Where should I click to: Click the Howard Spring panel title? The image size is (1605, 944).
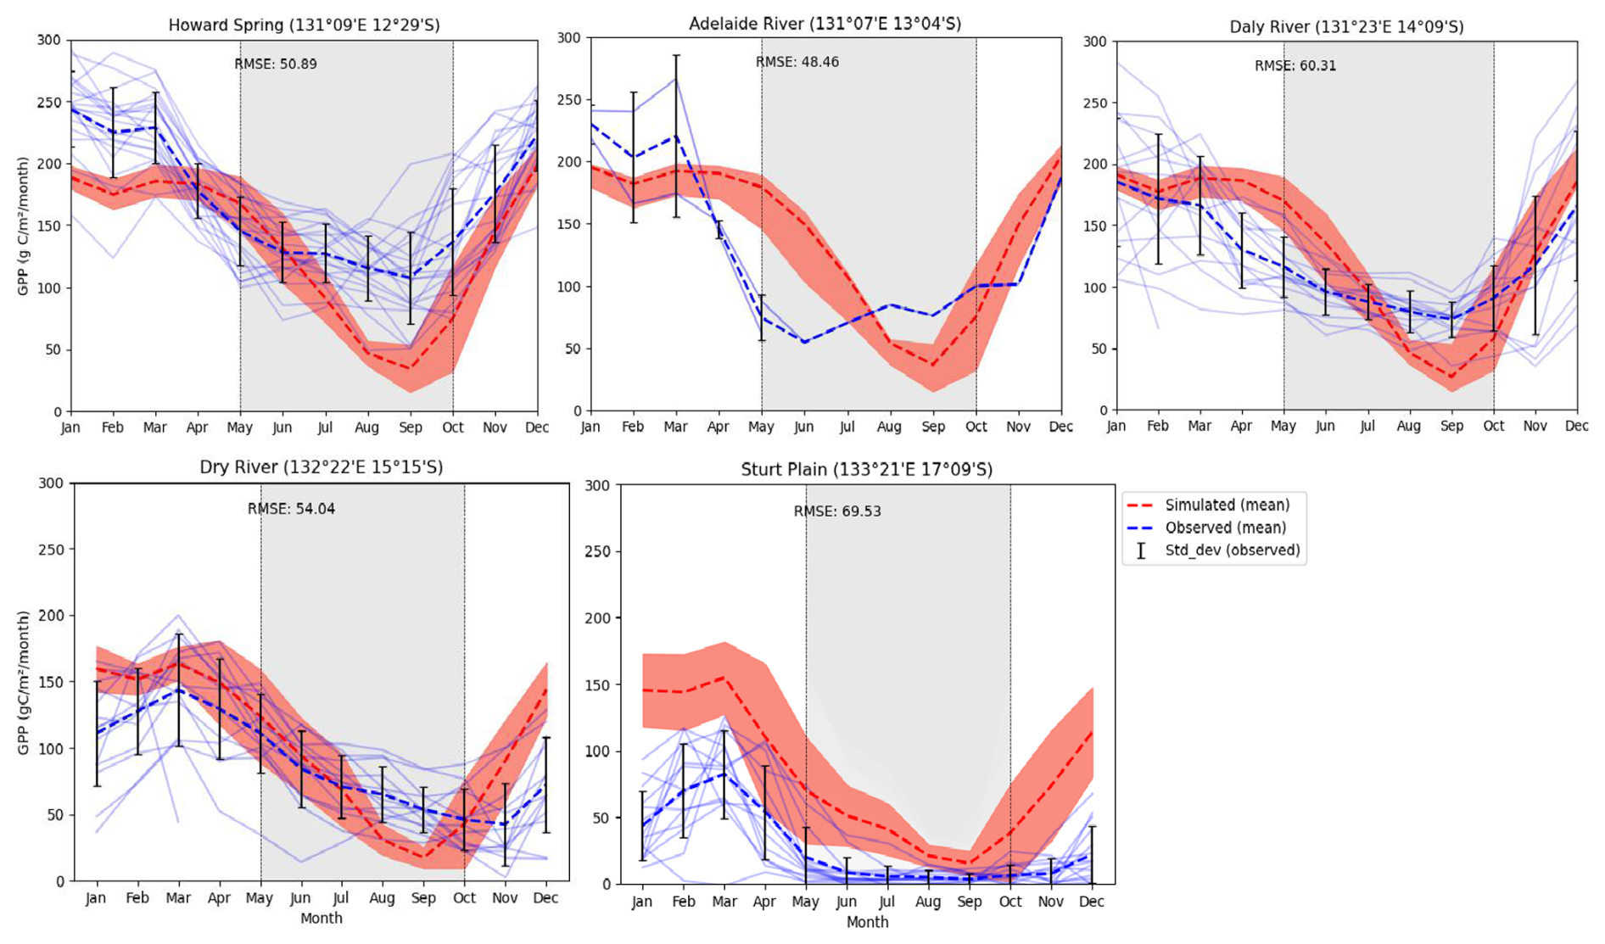[x=304, y=25]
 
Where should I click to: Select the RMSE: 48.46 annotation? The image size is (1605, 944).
[x=797, y=62]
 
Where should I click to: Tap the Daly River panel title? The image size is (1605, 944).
[x=1346, y=27]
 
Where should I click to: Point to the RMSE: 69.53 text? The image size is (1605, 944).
[x=837, y=511]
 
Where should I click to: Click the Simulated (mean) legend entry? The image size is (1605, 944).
[x=1227, y=506]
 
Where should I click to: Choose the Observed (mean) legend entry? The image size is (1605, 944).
[x=1225, y=528]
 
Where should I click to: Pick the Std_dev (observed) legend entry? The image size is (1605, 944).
[x=1232, y=550]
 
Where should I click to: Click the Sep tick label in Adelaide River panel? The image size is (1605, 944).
[x=933, y=427]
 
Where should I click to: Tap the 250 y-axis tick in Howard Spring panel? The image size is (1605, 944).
[x=50, y=103]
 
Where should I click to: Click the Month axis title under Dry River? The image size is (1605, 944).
[x=321, y=919]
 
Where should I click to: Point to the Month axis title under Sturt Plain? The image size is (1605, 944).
[x=867, y=922]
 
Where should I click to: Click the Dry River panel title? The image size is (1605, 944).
[x=321, y=467]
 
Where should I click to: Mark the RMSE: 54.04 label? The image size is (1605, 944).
[x=291, y=509]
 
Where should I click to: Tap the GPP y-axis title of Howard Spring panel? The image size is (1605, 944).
[x=23, y=226]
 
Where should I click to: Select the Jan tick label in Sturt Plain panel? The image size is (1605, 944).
[x=642, y=902]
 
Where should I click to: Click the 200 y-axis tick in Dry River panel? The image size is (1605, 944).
[x=53, y=616]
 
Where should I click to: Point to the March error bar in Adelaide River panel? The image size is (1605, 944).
[x=676, y=136]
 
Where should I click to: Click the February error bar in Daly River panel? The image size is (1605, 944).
[x=1158, y=199]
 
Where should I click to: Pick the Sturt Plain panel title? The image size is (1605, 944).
[x=866, y=470]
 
